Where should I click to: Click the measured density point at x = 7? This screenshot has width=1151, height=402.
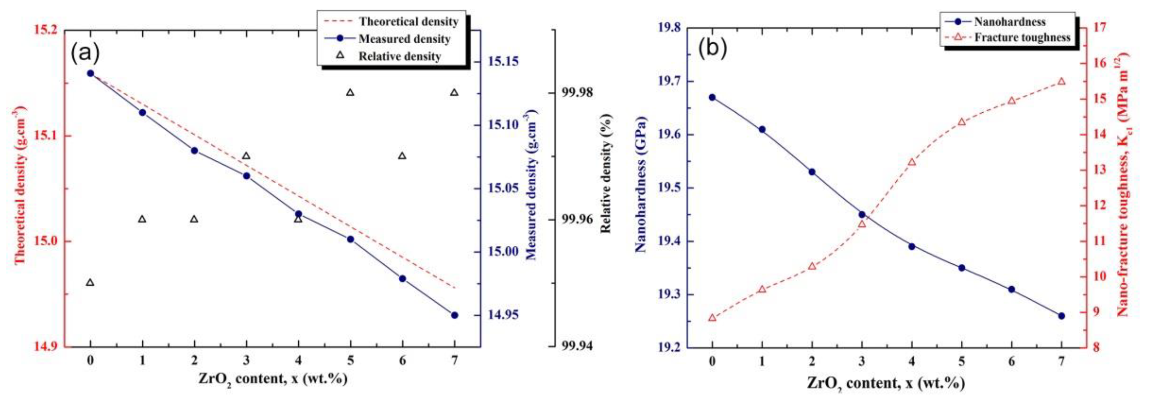(x=455, y=315)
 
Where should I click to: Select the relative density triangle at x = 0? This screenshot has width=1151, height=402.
(x=90, y=282)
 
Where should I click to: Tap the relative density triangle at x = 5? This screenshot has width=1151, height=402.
(x=350, y=93)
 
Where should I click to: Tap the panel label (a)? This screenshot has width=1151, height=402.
(x=85, y=53)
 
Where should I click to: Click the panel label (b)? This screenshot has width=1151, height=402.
(x=713, y=48)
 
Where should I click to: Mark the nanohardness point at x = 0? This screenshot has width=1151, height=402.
(x=712, y=97)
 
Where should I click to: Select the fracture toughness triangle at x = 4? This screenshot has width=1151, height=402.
(x=912, y=162)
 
